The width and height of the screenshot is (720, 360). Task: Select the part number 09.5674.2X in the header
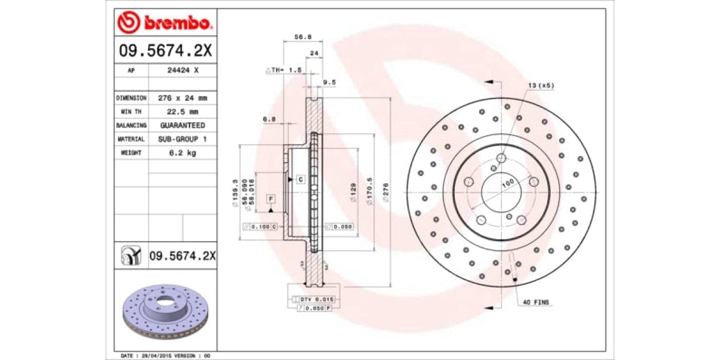(x=164, y=52)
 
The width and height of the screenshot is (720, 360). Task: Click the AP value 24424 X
(x=182, y=70)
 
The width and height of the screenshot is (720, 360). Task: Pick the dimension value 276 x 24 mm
(x=182, y=98)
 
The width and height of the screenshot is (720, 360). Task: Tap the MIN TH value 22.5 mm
(x=182, y=112)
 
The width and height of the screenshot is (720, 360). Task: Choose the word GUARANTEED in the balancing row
(x=182, y=125)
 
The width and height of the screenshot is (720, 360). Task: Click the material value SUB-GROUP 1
(x=182, y=139)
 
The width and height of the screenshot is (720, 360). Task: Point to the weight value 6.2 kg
(x=182, y=153)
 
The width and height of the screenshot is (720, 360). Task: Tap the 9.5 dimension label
(x=329, y=82)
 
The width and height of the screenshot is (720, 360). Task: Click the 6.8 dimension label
(x=269, y=119)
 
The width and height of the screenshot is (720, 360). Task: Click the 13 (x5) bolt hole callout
(x=541, y=86)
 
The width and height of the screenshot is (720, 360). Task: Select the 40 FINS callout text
(x=536, y=302)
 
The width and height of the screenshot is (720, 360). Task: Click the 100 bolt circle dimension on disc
(x=508, y=182)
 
